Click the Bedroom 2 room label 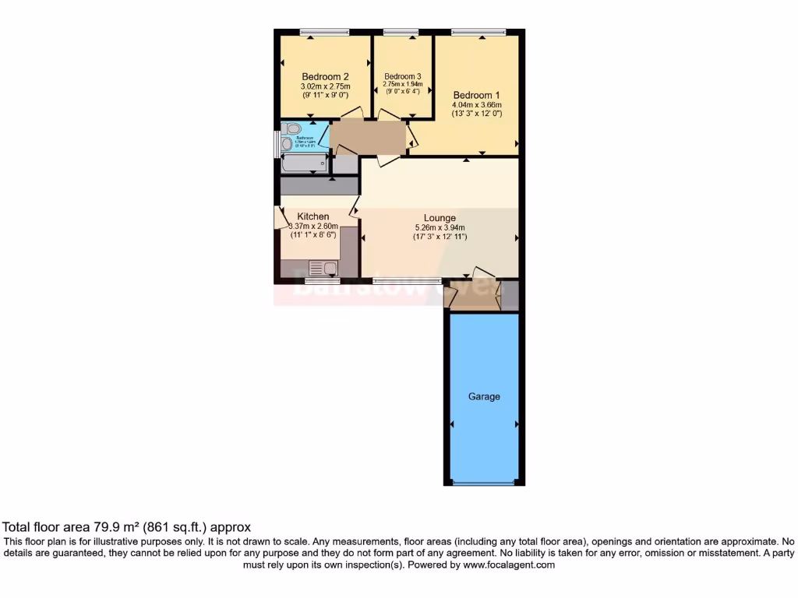pyautogui.click(x=325, y=76)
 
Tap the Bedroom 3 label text pyautogui.click(x=402, y=76)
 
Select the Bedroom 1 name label pyautogui.click(x=476, y=94)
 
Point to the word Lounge pyautogui.click(x=440, y=218)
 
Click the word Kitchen pyautogui.click(x=312, y=216)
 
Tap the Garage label pyautogui.click(x=484, y=396)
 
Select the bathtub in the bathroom pyautogui.click(x=303, y=163)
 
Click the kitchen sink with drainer pyautogui.click(x=323, y=269)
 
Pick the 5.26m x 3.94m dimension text pyautogui.click(x=440, y=228)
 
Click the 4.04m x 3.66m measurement pyautogui.click(x=476, y=104)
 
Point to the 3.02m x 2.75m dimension pyautogui.click(x=325, y=86)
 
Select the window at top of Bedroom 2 pyautogui.click(x=324, y=32)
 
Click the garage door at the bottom pyautogui.click(x=484, y=484)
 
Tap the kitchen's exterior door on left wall pyautogui.click(x=277, y=218)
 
